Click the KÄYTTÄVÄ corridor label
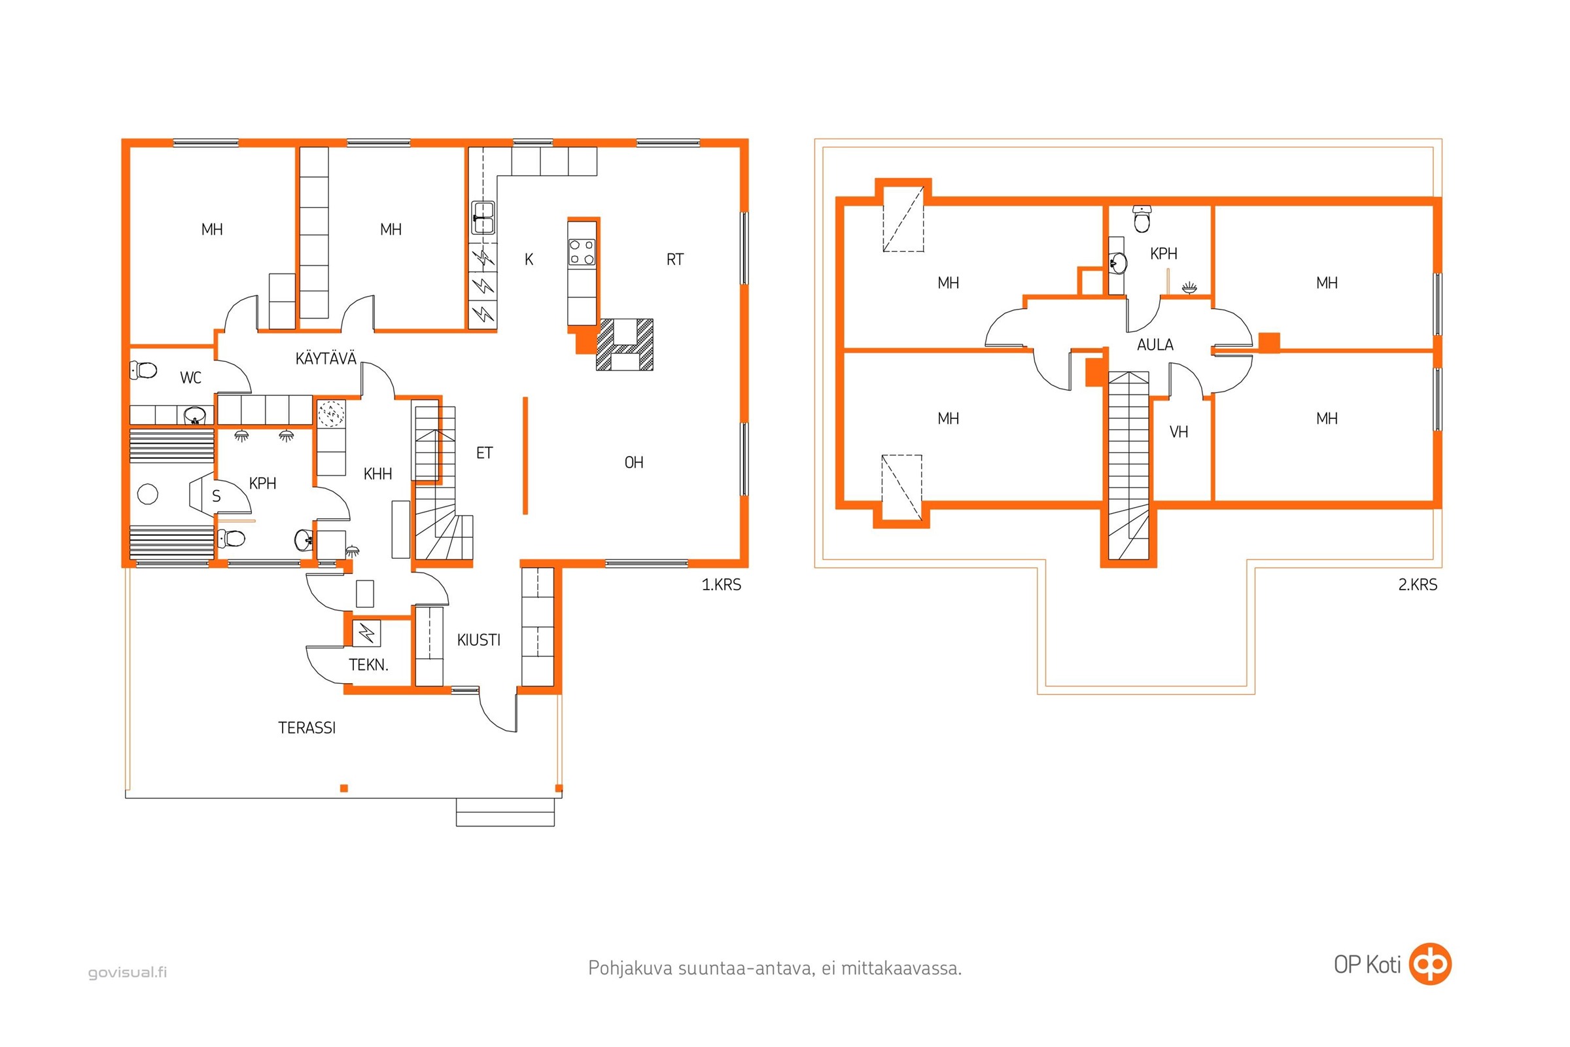[x=326, y=359]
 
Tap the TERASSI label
[x=307, y=728]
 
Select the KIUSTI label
[x=479, y=640]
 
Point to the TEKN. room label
[x=368, y=665]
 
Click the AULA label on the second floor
[x=1155, y=345]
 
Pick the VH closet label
[x=1179, y=432]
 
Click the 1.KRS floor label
[x=722, y=585]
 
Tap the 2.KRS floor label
[x=1418, y=585]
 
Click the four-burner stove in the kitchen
[x=582, y=252]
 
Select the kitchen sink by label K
[x=484, y=217]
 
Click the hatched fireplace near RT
[x=625, y=345]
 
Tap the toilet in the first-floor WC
[x=143, y=369]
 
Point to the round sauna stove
[x=148, y=494]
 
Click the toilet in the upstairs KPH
[x=1142, y=219]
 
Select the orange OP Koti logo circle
[x=1430, y=963]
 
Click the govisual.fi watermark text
[x=128, y=972]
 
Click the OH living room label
[x=634, y=462]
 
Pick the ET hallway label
[x=485, y=453]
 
